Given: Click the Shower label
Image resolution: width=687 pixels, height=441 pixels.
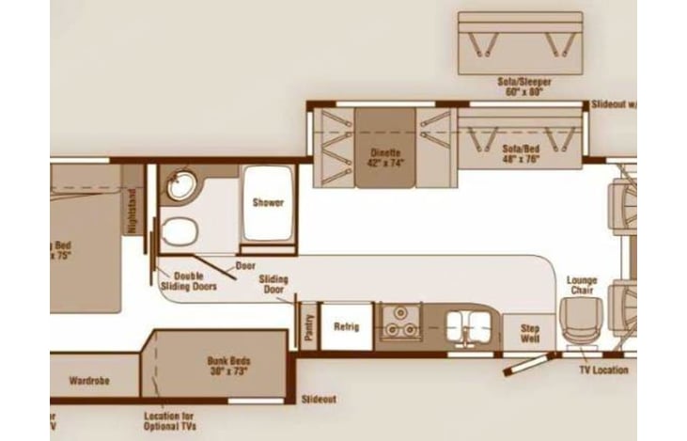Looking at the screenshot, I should tap(268, 202).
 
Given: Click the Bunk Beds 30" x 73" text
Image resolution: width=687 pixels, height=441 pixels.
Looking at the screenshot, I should tap(229, 365).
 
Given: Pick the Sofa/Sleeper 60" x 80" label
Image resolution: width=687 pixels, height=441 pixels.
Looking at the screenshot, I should tap(523, 87).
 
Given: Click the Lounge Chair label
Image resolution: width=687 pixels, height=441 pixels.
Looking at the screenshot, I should tap(583, 285).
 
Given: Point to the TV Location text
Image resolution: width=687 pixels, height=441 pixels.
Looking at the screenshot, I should tap(603, 370).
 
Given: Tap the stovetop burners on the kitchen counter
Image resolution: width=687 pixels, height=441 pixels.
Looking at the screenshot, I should tap(402, 324).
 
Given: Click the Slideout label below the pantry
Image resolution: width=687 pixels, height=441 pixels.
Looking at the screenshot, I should tap(320, 400).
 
